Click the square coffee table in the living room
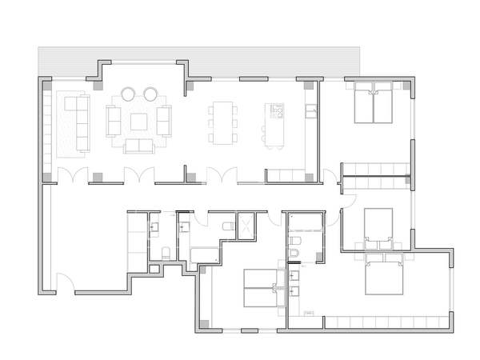[140, 121]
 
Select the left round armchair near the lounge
[130, 94]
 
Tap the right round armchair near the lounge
[150, 94]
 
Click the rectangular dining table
[222, 122]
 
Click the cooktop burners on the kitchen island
[277, 110]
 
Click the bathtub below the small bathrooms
[205, 256]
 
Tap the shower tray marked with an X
[246, 226]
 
